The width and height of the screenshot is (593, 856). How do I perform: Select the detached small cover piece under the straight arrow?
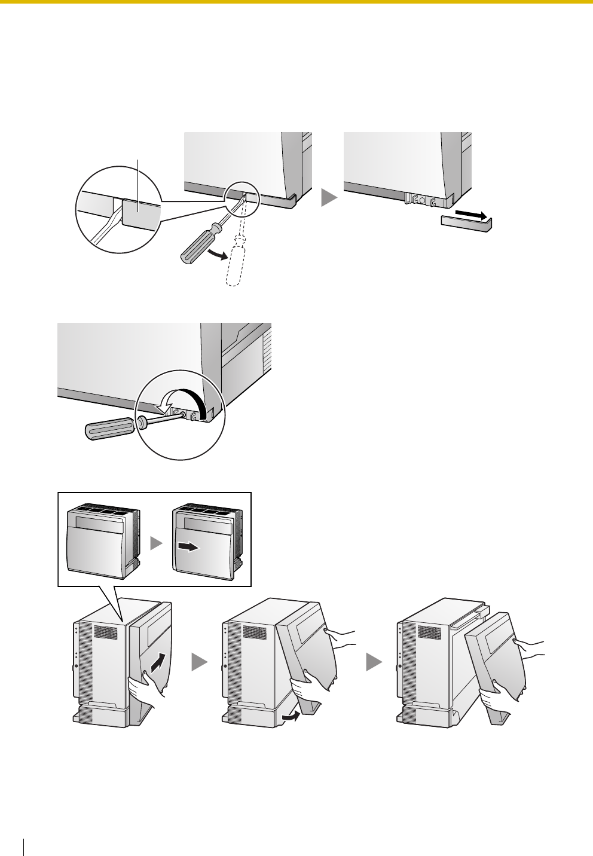click(465, 224)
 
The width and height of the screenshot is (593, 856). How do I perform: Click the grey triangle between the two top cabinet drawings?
click(328, 198)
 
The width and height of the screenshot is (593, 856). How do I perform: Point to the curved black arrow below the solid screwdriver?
click(218, 256)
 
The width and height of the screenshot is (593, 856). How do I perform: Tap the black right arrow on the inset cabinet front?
click(188, 548)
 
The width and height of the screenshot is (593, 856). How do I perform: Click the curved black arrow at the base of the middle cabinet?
click(291, 715)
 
